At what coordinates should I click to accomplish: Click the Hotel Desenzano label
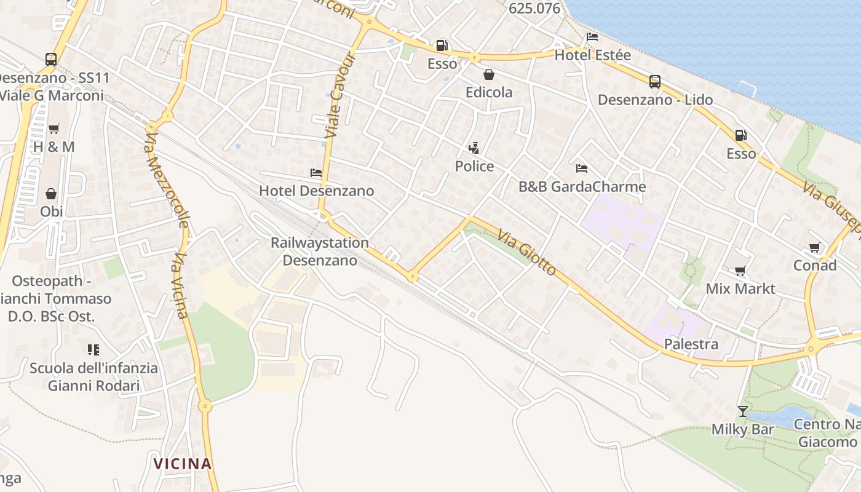(316, 191)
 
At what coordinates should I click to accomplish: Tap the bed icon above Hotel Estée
(592, 37)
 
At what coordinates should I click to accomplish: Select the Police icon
(474, 148)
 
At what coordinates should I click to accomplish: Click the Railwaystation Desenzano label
(320, 251)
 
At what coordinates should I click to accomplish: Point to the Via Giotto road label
(527, 253)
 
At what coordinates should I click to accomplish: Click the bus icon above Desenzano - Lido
(655, 81)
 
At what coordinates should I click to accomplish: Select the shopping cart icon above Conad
(815, 248)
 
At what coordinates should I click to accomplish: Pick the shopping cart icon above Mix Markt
(740, 271)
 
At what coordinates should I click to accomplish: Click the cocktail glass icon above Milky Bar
(743, 411)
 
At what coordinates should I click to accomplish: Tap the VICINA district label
(183, 464)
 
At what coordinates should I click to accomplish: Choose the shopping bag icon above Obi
(51, 194)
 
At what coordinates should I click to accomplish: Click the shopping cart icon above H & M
(54, 129)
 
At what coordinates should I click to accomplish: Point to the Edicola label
(489, 92)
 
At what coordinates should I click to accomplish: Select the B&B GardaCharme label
(582, 187)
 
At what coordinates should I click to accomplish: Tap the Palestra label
(691, 344)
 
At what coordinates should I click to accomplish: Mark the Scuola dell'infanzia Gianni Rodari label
(93, 377)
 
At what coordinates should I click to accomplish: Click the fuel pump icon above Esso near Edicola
(442, 45)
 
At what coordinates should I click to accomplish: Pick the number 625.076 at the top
(535, 9)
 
